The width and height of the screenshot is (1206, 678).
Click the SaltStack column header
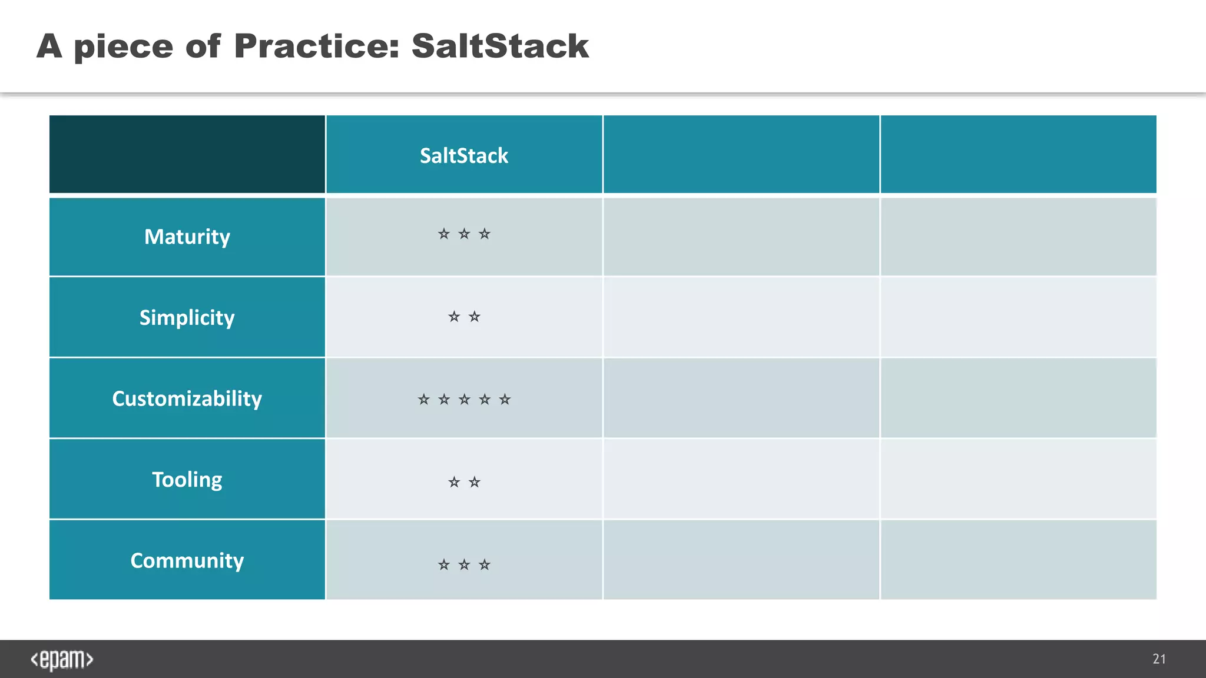click(463, 155)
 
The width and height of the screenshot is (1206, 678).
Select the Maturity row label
click(187, 237)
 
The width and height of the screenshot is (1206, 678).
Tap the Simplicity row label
click(187, 318)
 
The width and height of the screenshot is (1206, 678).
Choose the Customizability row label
click(187, 398)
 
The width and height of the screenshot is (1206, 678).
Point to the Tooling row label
click(187, 480)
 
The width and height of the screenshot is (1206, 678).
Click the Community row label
click(187, 560)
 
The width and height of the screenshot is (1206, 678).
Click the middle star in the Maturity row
click(464, 234)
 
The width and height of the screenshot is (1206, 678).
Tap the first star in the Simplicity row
click(454, 317)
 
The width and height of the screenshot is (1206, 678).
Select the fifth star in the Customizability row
click(505, 400)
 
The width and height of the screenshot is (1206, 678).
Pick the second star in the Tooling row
click(474, 483)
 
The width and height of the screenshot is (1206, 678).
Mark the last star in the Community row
click(484, 565)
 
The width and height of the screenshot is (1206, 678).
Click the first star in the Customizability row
click(424, 400)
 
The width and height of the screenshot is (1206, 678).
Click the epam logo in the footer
click(62, 660)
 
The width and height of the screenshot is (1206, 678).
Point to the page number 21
click(1159, 659)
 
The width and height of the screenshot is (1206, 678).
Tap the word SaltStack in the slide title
click(500, 46)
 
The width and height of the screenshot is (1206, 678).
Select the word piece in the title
click(124, 47)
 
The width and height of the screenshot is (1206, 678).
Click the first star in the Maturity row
click(444, 234)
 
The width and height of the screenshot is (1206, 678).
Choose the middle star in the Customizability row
click(464, 400)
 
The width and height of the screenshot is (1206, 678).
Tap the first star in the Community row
click(444, 565)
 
